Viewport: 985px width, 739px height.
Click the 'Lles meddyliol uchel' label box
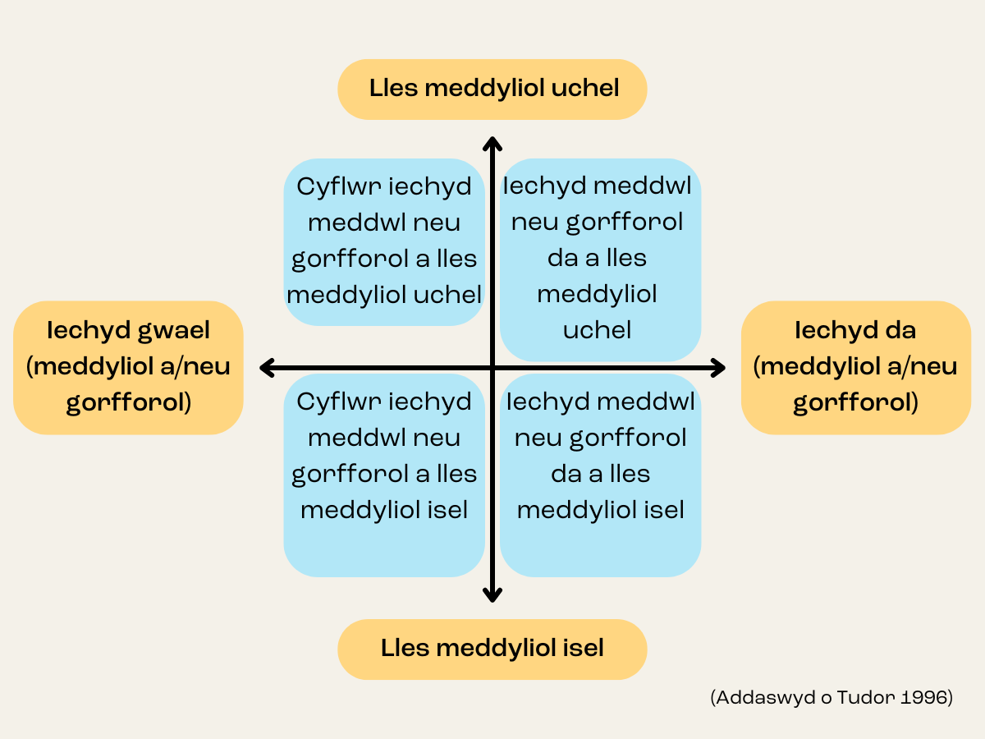point(492,89)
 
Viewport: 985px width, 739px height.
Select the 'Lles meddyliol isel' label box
point(492,649)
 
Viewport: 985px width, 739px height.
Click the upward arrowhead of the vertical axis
point(492,145)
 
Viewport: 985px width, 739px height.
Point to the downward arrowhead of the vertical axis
point(492,594)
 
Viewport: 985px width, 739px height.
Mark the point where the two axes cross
point(492,368)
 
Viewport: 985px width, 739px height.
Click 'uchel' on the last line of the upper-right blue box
point(597,330)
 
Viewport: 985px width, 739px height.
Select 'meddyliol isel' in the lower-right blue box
point(600,510)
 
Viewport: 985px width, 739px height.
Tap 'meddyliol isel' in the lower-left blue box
point(384,510)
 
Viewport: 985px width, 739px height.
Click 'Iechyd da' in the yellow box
point(854,331)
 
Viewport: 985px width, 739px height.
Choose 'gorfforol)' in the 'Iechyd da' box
point(854,403)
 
